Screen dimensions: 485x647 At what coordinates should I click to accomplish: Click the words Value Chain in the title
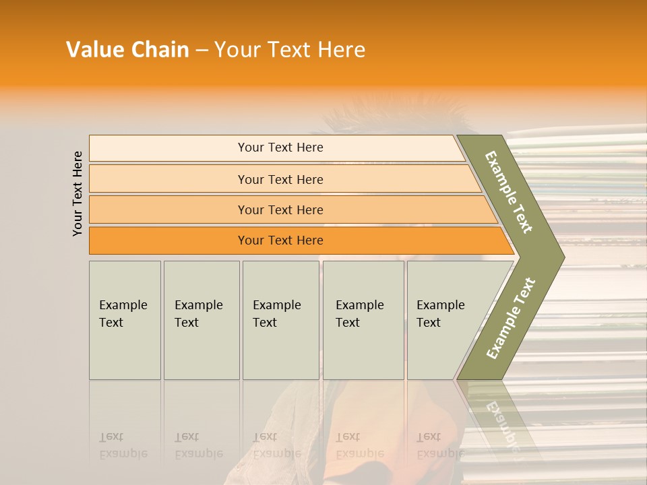(x=127, y=50)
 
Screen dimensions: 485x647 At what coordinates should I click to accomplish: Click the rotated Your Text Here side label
(x=78, y=193)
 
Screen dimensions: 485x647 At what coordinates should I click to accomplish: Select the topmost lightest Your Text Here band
(x=280, y=148)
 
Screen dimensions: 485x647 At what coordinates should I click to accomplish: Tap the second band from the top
(x=280, y=179)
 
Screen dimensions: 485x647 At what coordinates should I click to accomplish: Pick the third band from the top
(x=280, y=209)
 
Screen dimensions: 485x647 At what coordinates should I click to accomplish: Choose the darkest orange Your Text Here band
(x=280, y=240)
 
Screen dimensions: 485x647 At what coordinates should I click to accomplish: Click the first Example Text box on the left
(x=125, y=320)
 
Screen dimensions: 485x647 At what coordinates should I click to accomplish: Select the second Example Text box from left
(x=201, y=320)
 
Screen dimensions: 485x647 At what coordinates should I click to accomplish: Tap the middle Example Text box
(x=280, y=320)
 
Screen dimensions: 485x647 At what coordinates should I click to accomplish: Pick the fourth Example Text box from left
(x=363, y=320)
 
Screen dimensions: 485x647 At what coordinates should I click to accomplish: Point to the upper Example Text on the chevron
(x=510, y=192)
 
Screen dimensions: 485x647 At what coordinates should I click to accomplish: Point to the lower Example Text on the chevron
(x=511, y=318)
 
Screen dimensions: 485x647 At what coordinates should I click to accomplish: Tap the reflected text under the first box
(x=123, y=445)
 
